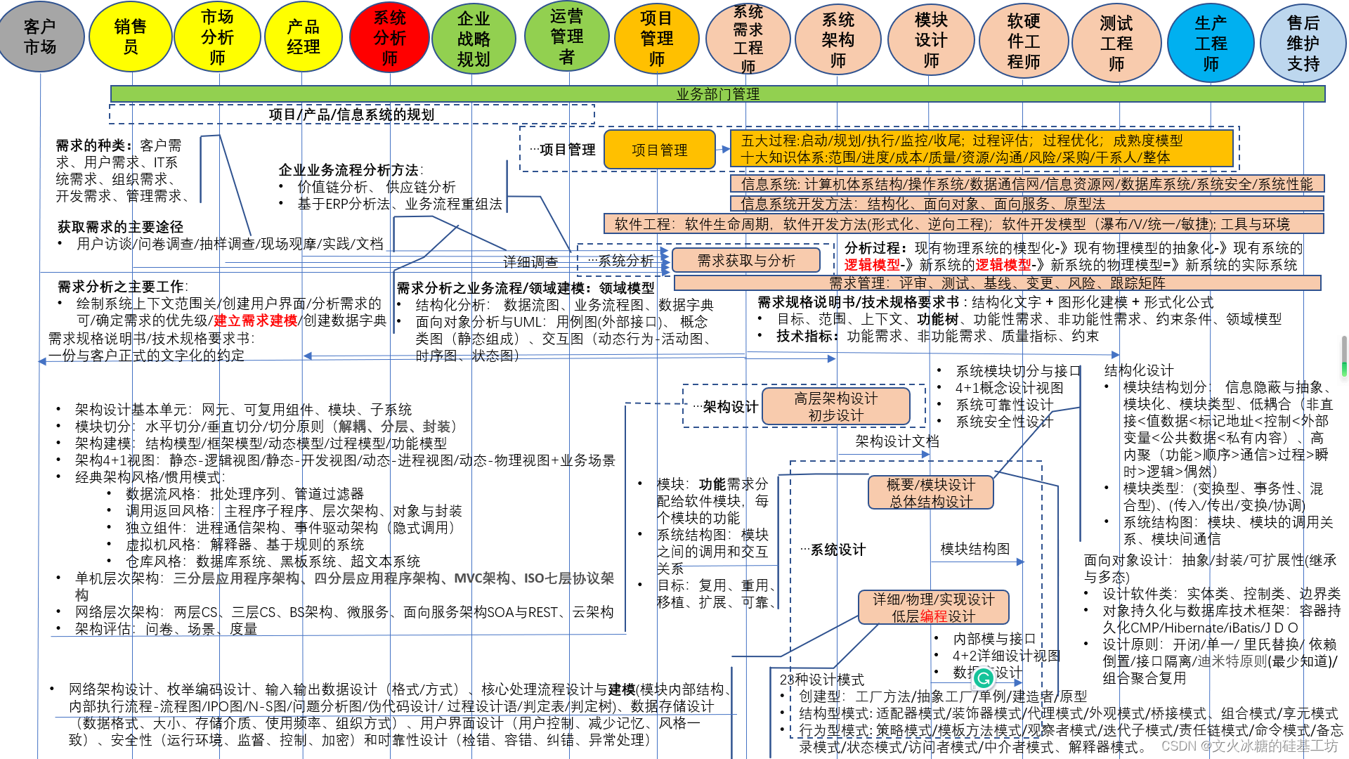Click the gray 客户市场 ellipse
(x=40, y=37)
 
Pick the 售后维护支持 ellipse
(x=1303, y=43)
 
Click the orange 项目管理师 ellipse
(x=656, y=39)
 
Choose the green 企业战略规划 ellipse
(x=474, y=39)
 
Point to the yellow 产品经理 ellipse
(x=303, y=37)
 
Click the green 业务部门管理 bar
(x=717, y=93)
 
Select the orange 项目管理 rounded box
(x=659, y=150)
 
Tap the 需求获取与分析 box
(x=745, y=261)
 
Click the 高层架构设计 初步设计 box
(x=835, y=407)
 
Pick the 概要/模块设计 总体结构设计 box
(x=931, y=493)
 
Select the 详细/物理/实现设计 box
(x=933, y=607)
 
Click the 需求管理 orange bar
(x=997, y=283)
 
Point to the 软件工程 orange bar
(x=963, y=224)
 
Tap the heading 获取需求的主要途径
(x=120, y=226)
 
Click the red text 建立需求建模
(x=255, y=320)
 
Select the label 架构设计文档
(x=897, y=441)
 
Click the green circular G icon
(x=984, y=677)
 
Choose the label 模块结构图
(x=975, y=549)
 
